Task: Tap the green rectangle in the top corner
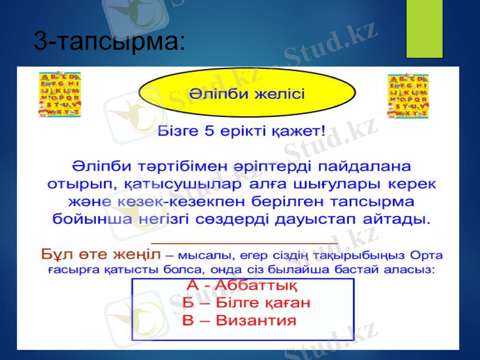[424, 28]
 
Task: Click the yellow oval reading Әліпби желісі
[247, 94]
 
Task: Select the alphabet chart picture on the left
[60, 94]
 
